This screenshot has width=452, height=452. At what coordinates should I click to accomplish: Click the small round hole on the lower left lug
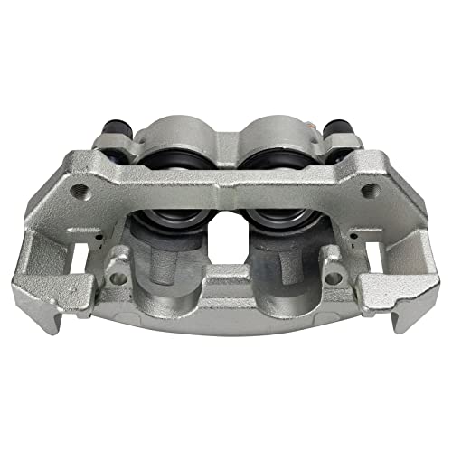coord(118,278)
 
